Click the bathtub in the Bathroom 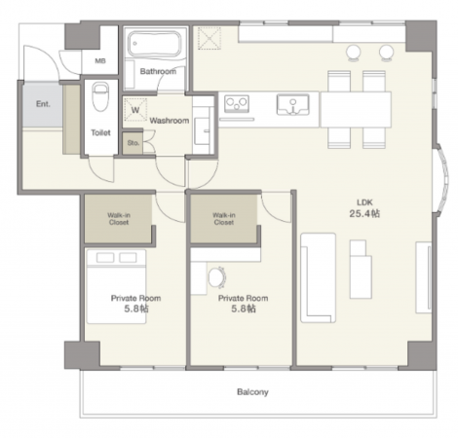pyautogui.click(x=154, y=44)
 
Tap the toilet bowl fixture pyautogui.click(x=100, y=96)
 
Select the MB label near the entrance pyautogui.click(x=100, y=60)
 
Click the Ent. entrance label pyautogui.click(x=43, y=104)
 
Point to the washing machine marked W pyautogui.click(x=135, y=110)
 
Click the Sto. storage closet pyautogui.click(x=133, y=143)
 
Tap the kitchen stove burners pyautogui.click(x=237, y=104)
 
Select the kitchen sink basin pyautogui.click(x=292, y=104)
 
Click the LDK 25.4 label pyautogui.click(x=364, y=208)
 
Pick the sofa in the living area pyautogui.click(x=318, y=277)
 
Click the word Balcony pyautogui.click(x=252, y=392)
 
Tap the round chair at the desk pyautogui.click(x=216, y=277)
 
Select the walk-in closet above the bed pyautogui.click(x=118, y=218)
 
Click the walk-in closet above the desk pyautogui.click(x=223, y=218)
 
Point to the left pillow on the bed pyautogui.click(x=105, y=258)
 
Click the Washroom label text pyautogui.click(x=170, y=121)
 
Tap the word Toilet pyautogui.click(x=100, y=132)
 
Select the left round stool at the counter pyautogui.click(x=354, y=53)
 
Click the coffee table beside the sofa pyautogui.click(x=361, y=269)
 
